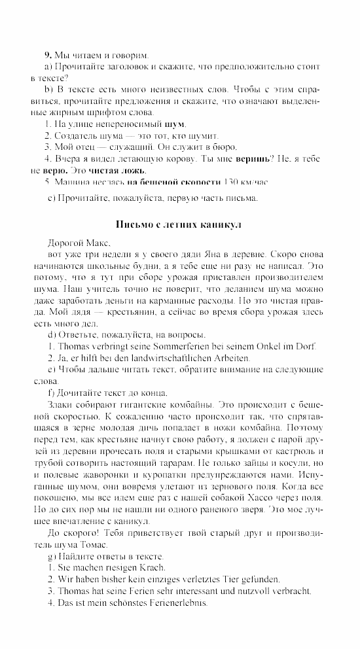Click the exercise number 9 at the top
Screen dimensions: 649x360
(47, 55)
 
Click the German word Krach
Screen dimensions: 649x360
(151, 568)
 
